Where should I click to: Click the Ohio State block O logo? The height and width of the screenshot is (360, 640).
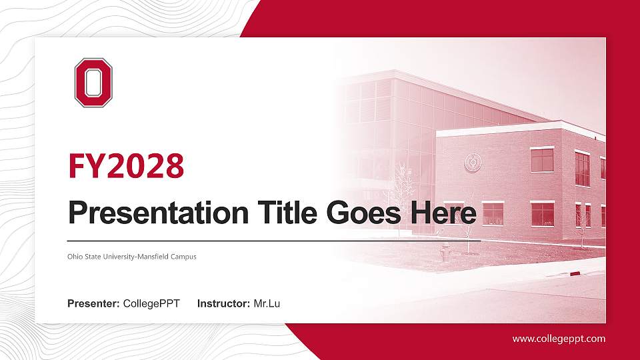click(x=93, y=83)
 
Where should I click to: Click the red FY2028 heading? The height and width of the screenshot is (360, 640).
click(x=126, y=166)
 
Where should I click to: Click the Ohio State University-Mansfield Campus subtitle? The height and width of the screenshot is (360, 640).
click(x=132, y=257)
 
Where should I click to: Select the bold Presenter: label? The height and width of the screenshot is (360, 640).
click(x=93, y=304)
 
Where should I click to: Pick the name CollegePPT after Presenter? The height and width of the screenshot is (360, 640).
click(x=151, y=304)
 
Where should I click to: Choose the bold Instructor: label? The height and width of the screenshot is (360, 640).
click(x=224, y=304)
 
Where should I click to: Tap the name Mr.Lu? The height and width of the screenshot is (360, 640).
click(x=267, y=304)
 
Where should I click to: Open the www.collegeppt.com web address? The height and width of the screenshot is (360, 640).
click(x=559, y=339)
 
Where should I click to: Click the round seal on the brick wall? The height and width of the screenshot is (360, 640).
click(x=474, y=161)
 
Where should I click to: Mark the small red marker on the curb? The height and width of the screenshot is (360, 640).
click(x=575, y=273)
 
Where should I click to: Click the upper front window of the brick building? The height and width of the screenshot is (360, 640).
click(x=542, y=159)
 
